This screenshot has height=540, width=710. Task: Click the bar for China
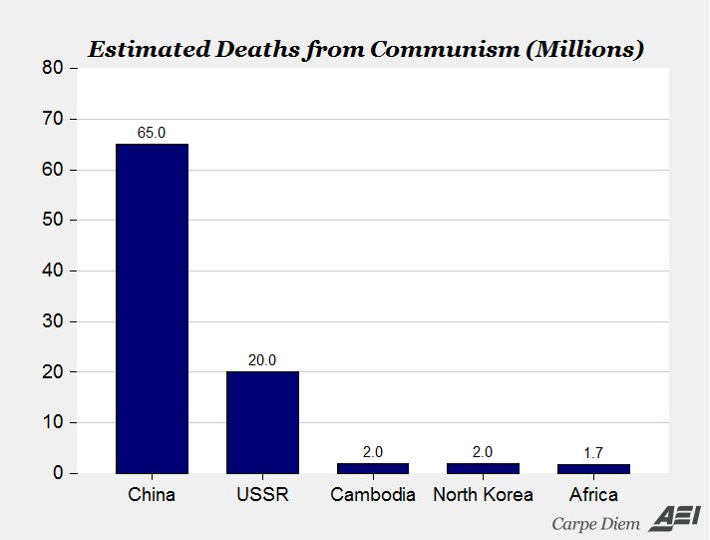152,308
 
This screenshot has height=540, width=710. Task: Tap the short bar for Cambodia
373,468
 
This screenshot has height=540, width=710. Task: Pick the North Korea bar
483,468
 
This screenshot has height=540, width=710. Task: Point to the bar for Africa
593,469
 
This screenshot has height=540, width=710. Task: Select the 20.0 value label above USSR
262,360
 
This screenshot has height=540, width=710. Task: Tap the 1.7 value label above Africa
593,453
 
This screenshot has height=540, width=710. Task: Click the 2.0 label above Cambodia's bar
373,452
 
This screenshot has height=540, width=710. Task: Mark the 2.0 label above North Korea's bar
483,452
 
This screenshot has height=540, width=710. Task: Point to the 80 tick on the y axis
53,69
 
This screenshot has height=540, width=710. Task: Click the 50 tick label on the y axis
53,221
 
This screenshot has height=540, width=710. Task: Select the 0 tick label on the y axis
58,473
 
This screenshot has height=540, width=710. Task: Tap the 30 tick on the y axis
53,321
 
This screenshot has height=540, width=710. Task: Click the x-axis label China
152,495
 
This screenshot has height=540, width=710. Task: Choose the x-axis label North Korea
483,495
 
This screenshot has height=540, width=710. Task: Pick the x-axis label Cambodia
373,495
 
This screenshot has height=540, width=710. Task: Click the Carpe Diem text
595,523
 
